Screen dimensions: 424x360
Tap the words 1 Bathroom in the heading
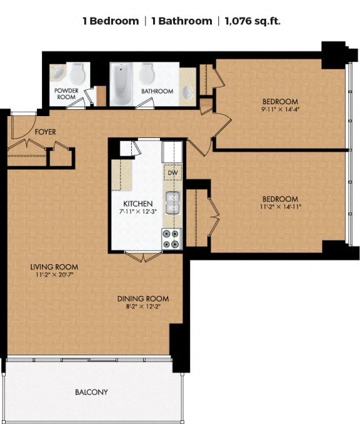[x=181, y=21]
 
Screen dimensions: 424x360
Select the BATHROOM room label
[x=157, y=91]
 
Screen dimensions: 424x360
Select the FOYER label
[x=46, y=132]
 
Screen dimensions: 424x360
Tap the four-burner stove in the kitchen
[x=171, y=239]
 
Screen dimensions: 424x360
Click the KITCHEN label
[x=138, y=204]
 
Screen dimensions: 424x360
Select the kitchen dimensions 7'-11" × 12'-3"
[x=138, y=212]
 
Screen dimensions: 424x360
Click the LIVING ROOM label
[x=54, y=267]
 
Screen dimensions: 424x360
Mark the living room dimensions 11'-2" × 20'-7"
[x=54, y=275]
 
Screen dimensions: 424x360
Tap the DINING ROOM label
[x=143, y=298]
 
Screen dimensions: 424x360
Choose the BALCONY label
[x=91, y=392]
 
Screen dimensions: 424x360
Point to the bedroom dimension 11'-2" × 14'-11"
[x=280, y=207]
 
